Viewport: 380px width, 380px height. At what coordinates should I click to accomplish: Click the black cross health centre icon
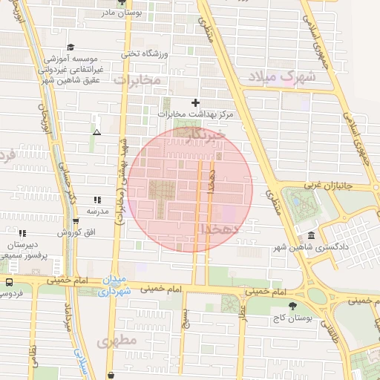point(196,102)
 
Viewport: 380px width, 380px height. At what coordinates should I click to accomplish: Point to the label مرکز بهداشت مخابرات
point(196,115)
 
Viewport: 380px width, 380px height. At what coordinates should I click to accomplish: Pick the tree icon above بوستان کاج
point(292,305)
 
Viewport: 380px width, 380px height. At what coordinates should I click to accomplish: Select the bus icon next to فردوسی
point(9,283)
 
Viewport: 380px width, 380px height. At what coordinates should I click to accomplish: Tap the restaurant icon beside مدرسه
point(96,200)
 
